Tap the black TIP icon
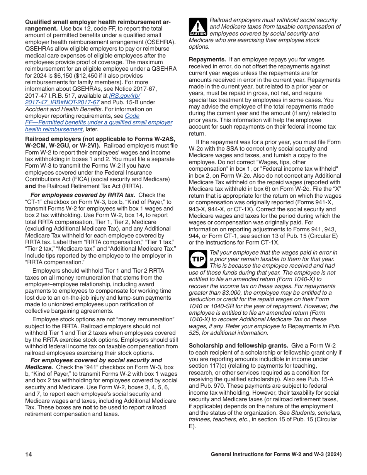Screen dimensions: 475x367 (x=198, y=259)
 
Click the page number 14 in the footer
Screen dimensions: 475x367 (x=29, y=455)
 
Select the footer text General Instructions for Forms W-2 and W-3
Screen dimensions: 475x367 (x=276, y=455)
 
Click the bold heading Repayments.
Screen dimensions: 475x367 (x=207, y=59)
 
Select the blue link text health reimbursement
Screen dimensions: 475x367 (x=54, y=129)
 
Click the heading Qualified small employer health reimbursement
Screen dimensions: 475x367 (x=98, y=22)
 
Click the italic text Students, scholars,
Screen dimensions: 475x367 (x=316, y=413)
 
